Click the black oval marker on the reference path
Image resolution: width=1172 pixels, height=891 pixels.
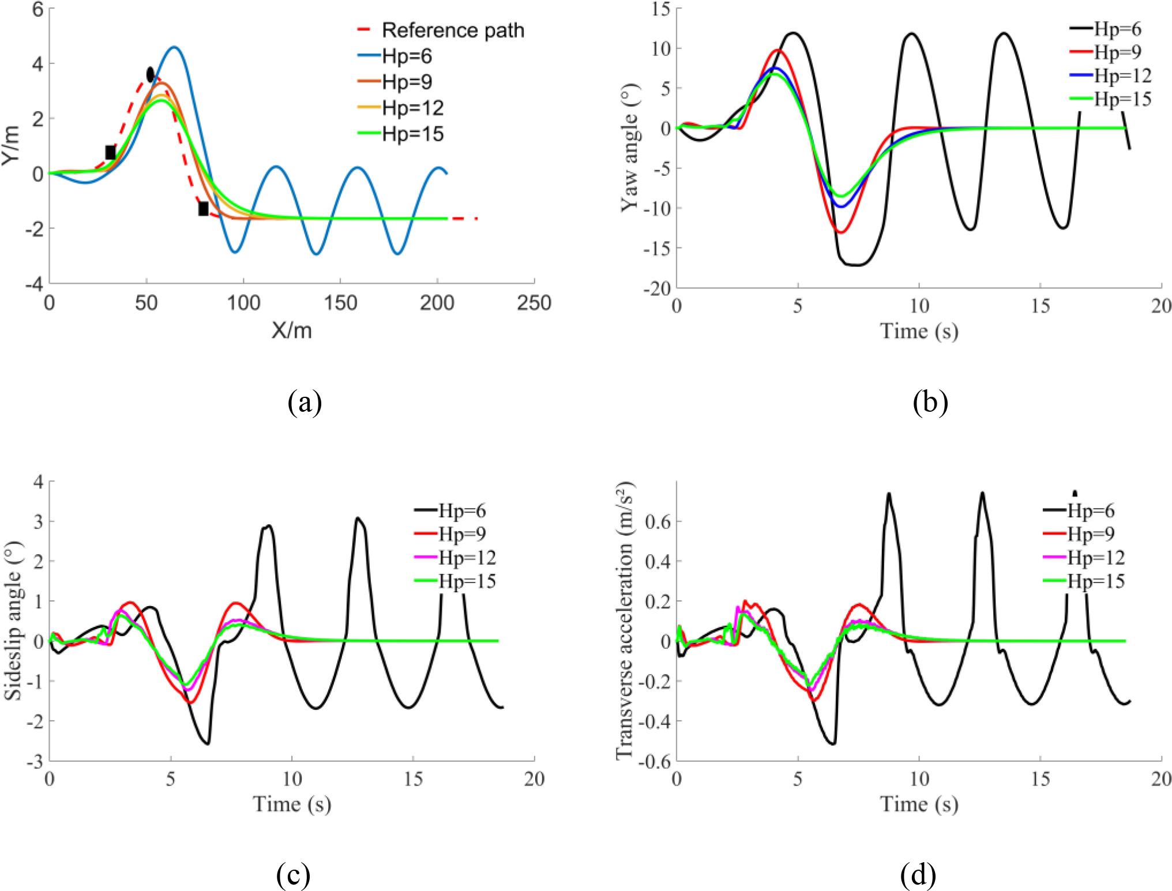151,74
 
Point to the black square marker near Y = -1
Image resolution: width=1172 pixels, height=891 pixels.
203,209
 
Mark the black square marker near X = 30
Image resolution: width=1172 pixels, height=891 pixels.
110,152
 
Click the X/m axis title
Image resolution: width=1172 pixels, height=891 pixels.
292,330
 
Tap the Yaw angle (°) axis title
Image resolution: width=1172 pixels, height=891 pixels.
630,148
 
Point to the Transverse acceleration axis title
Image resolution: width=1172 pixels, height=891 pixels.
625,621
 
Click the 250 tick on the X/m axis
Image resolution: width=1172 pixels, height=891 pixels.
534,303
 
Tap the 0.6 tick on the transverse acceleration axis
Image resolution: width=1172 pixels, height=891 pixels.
658,521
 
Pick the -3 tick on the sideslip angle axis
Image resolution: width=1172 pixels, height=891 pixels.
34,761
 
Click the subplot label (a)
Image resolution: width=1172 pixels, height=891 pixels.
305,403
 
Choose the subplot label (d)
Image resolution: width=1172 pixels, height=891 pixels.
918,875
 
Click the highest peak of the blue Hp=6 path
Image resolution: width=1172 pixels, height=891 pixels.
174,47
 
